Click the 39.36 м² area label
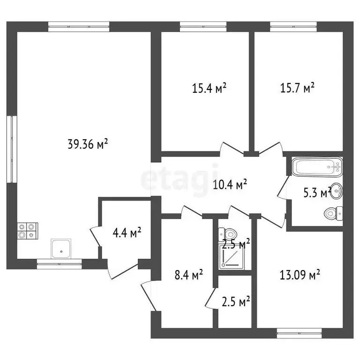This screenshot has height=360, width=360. click(x=88, y=144)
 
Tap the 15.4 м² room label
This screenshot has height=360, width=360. click(x=209, y=88)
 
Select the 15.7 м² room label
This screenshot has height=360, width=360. click(x=297, y=88)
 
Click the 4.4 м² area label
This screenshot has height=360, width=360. click(x=127, y=232)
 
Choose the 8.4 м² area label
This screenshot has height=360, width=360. click(x=189, y=275)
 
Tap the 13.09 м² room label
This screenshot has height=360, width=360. click(x=300, y=275)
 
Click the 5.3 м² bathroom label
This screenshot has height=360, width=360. click(x=317, y=192)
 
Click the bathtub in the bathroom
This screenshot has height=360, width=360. click(x=317, y=167)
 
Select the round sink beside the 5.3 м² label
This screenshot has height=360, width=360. click(x=337, y=191)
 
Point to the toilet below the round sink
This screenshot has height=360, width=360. click(x=333, y=214)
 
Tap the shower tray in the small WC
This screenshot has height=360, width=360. click(x=232, y=257)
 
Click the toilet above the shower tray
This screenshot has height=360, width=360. click(x=227, y=234)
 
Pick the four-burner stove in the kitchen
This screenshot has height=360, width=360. click(x=28, y=231)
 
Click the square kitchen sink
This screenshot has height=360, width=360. click(x=61, y=249)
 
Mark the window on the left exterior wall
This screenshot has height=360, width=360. click(x=12, y=149)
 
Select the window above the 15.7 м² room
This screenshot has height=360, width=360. click(x=293, y=27)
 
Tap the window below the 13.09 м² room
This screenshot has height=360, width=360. click(x=299, y=333)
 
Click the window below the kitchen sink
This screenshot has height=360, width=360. click(x=59, y=264)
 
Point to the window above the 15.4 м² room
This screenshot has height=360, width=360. click(x=203, y=27)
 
